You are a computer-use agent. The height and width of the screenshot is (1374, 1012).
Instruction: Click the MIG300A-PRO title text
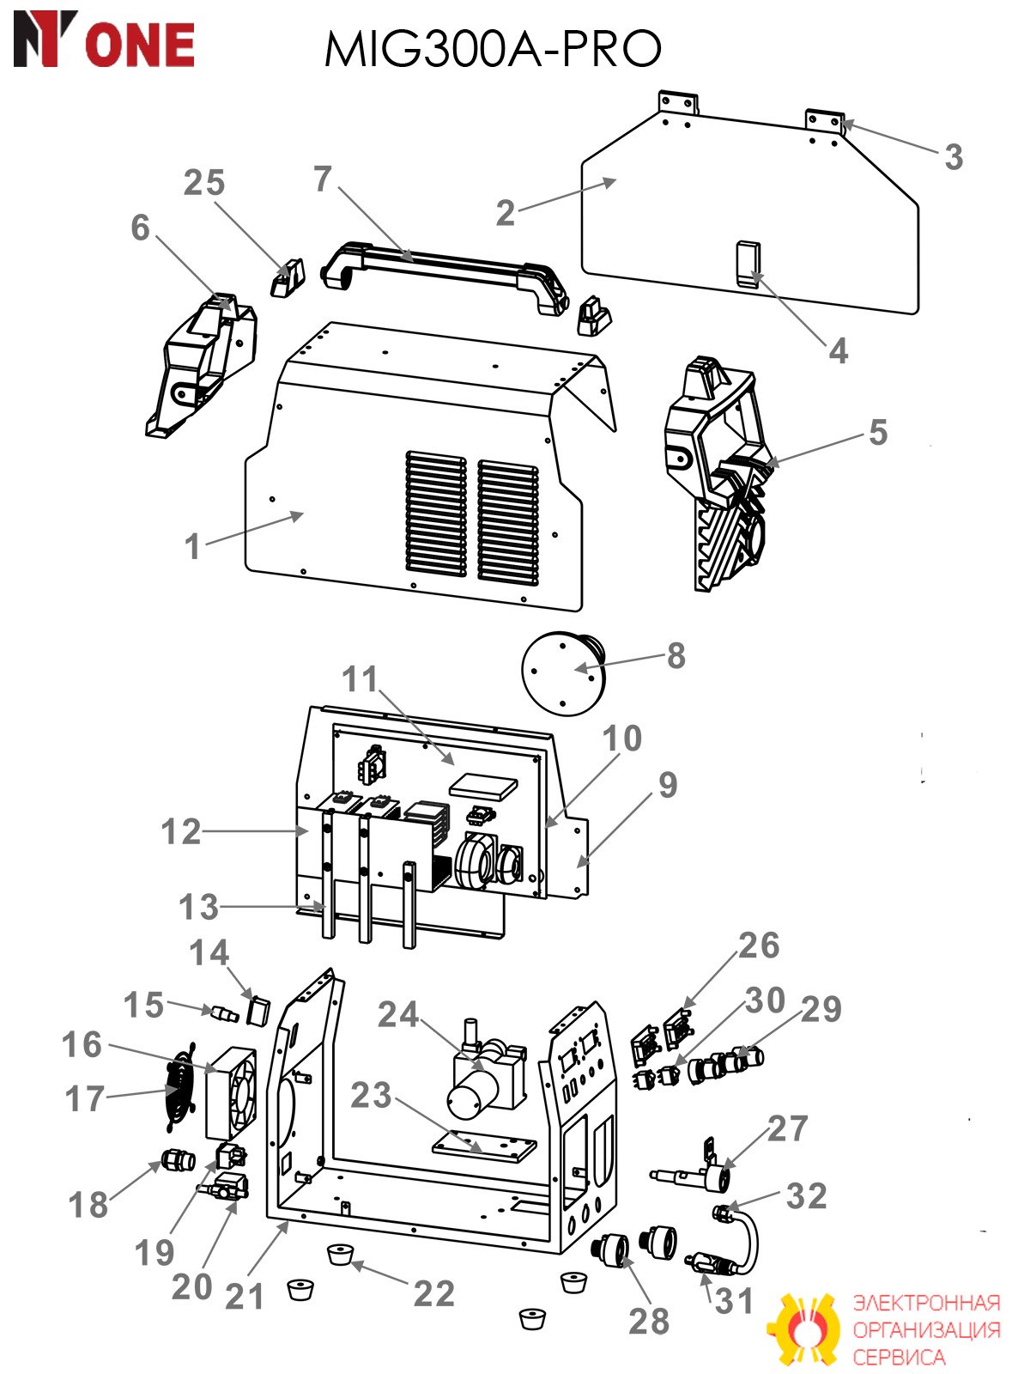point(493,48)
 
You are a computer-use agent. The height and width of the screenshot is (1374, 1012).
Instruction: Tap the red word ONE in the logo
point(140,44)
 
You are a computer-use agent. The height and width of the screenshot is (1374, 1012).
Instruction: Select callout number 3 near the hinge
point(953,156)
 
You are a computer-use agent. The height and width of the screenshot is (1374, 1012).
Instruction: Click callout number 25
point(204,182)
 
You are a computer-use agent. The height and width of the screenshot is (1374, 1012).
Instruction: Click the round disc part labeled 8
point(561,673)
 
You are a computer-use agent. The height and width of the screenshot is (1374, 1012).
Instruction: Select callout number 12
point(181,832)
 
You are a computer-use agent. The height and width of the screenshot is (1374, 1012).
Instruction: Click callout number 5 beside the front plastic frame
point(878,432)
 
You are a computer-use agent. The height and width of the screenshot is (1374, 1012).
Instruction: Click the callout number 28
point(649,1321)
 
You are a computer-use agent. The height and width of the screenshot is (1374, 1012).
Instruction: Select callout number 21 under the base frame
point(244,1296)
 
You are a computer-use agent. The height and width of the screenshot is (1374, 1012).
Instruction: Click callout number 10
point(622,738)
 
